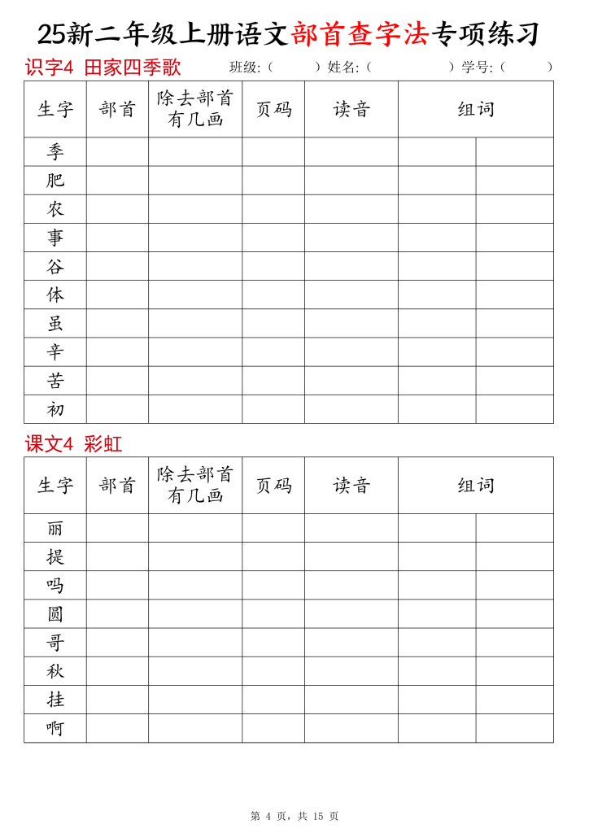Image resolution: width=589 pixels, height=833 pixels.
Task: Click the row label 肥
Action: pos(55,181)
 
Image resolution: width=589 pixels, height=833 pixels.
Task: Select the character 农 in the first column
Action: pos(55,209)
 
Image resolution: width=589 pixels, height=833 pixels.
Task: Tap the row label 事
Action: pos(55,238)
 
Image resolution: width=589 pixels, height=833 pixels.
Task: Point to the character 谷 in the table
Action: pos(55,266)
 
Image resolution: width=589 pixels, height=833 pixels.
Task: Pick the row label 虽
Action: pos(55,324)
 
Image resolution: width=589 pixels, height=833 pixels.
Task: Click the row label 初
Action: pos(55,409)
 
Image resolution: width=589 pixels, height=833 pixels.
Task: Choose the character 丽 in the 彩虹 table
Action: pos(55,528)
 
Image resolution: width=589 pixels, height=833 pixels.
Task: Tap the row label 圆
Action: pos(55,614)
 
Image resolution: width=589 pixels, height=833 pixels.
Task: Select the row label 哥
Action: pos(55,643)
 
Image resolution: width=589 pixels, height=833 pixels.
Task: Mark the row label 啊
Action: pos(55,728)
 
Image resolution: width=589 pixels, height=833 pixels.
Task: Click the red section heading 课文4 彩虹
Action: pos(73,444)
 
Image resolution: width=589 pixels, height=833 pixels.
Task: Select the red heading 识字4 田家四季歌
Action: pos(103,68)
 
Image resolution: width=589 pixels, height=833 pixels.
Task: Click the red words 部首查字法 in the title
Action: pos(360,34)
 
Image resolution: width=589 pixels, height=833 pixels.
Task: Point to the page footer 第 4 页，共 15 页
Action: pos(294,816)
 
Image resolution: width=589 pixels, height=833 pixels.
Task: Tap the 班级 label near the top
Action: pos(244,68)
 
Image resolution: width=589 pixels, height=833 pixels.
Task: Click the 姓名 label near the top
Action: pos(342,68)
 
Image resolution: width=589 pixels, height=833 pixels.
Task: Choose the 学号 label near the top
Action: pos(477,68)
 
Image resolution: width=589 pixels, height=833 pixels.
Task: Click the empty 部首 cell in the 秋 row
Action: pos(117,671)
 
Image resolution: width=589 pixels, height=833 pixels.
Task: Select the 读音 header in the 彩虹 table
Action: pos(351,486)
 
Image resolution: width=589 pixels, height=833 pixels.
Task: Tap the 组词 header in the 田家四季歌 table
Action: pos(476,109)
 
